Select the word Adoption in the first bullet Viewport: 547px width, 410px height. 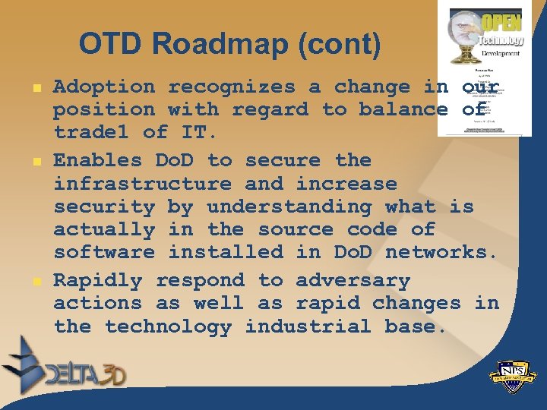click(104, 87)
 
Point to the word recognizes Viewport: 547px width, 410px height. click(232, 87)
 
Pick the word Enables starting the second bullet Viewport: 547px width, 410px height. click(98, 160)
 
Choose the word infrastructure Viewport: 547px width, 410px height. click(142, 184)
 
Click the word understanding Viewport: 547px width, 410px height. click(289, 207)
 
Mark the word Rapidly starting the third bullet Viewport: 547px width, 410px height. click(98, 280)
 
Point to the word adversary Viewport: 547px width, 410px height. click(353, 280)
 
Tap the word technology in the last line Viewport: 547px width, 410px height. click(168, 326)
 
